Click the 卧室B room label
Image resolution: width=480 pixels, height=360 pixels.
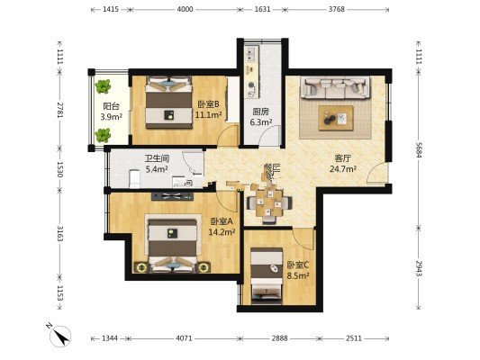point(208,104)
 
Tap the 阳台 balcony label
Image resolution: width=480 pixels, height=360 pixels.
point(111,106)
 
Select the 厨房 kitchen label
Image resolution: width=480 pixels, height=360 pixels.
point(261,112)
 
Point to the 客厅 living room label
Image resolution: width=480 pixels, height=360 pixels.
point(343,158)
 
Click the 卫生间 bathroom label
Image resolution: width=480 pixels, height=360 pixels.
point(157,158)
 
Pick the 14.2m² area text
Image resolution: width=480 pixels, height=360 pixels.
point(222,232)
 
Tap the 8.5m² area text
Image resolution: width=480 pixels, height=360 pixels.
point(297,275)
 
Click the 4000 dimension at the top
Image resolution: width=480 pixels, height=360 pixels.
point(185,9)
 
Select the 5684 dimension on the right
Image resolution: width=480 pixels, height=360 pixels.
point(419,149)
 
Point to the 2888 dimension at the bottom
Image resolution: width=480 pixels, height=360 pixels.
point(280,338)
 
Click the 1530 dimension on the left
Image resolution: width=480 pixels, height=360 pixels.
point(59,169)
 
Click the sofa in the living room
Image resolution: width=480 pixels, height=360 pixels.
point(335,88)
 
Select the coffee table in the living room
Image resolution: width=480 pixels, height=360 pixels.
point(336,118)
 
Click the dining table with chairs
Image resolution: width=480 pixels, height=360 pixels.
point(269,203)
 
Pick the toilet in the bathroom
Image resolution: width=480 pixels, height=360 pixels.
point(134,179)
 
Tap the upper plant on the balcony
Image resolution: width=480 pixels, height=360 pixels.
point(103,86)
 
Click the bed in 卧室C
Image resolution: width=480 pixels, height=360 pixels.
point(267,276)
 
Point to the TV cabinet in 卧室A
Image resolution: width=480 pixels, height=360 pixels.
point(172,196)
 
